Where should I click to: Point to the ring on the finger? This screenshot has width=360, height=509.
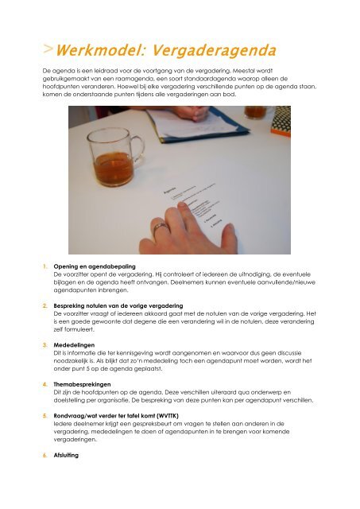pos(161,230)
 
